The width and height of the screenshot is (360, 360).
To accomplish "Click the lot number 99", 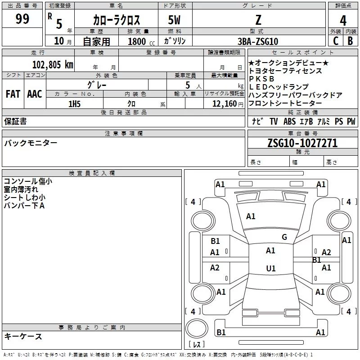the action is pyautogui.click(x=22, y=18).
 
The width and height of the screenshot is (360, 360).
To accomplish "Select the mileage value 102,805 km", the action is pyautogui.click(x=53, y=64).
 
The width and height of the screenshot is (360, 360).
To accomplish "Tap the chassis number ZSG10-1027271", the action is pyautogui.click(x=302, y=143).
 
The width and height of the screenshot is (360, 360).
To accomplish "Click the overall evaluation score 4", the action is pyautogui.click(x=343, y=20).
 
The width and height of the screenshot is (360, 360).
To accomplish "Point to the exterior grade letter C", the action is pyautogui.click(x=336, y=41).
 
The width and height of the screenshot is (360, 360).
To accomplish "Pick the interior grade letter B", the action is pyautogui.click(x=350, y=41).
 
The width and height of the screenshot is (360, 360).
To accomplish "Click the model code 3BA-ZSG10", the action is pyautogui.click(x=258, y=41).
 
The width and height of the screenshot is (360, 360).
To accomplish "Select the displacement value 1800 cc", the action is pyautogui.click(x=141, y=41).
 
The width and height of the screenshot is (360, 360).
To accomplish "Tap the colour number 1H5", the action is pyautogui.click(x=74, y=104).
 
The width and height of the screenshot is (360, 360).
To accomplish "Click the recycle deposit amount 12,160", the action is pyautogui.click(x=225, y=104).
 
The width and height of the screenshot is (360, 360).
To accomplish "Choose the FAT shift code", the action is pyautogui.click(x=13, y=94).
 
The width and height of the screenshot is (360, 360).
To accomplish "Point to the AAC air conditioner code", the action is pyautogui.click(x=35, y=94).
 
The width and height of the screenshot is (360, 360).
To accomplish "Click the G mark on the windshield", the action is pyautogui.click(x=284, y=237).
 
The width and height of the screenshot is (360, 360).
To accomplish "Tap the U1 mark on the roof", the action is pyautogui.click(x=271, y=268).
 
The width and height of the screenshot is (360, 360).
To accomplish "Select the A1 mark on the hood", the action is pyautogui.click(x=251, y=216).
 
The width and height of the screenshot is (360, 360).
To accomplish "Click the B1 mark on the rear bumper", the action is pyautogui.click(x=221, y=332).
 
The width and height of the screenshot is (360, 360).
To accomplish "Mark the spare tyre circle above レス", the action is pyautogui.click(x=197, y=328).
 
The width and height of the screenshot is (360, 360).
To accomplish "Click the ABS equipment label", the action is pyautogui.click(x=289, y=121).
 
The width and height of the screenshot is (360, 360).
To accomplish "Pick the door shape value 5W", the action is pyautogui.click(x=174, y=20).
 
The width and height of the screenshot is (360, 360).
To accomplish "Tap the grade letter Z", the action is pyautogui.click(x=258, y=20).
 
